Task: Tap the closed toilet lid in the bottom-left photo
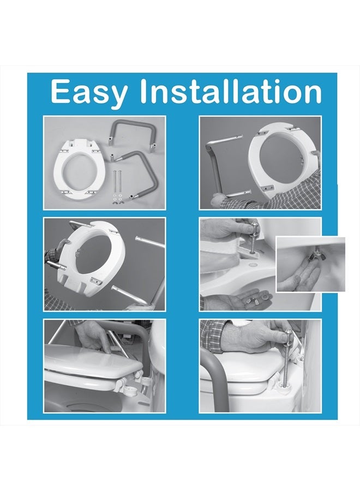pyautogui.click(x=87, y=363)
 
